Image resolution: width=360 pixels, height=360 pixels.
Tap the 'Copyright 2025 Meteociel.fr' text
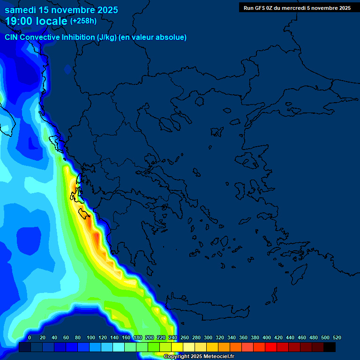pyautogui.click(x=199, y=356)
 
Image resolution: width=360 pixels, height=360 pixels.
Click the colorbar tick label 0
pyautogui.click(x=30, y=337)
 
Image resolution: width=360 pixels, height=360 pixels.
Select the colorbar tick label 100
pyautogui.click(x=91, y=337)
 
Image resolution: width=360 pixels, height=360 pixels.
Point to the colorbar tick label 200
pyautogui.click(x=150, y=337)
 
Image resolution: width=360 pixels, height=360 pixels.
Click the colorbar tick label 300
pyautogui.click(x=208, y=337)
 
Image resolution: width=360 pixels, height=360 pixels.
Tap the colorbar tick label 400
pyautogui.click(x=267, y=337)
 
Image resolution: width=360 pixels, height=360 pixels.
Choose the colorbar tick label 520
pyautogui.click(x=337, y=337)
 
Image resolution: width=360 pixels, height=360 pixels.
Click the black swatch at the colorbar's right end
pyautogui.click(x=330, y=347)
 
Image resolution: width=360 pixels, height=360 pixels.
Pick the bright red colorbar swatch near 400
pyautogui.click(x=271, y=347)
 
